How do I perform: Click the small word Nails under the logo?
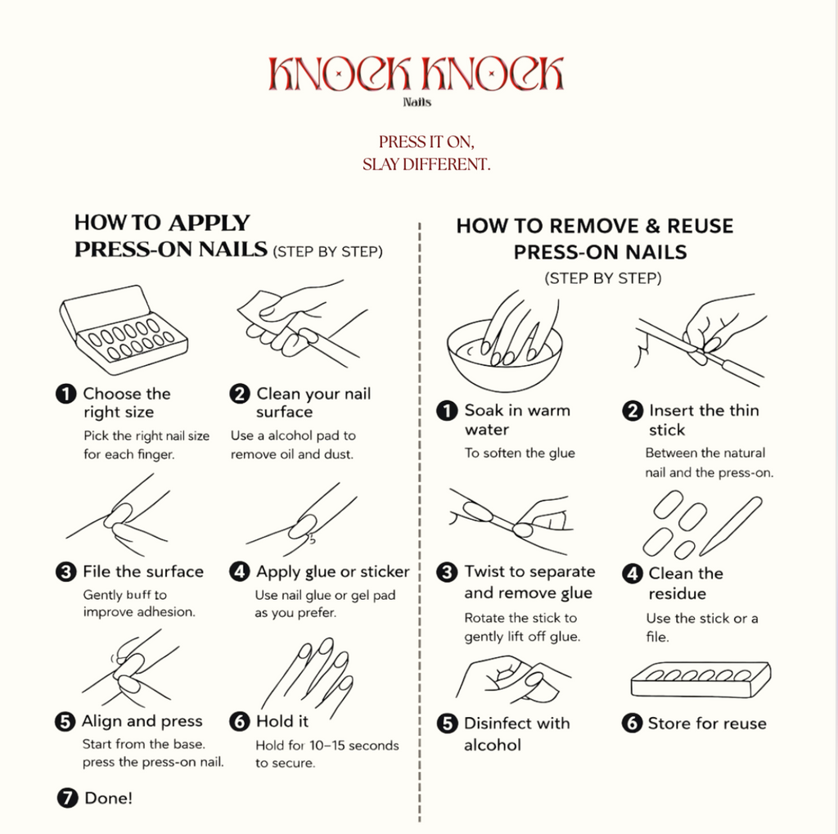pyautogui.click(x=417, y=102)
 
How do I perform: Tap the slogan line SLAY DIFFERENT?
pyautogui.click(x=426, y=165)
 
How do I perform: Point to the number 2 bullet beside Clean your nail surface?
pyautogui.click(x=240, y=394)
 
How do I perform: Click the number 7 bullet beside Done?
pyautogui.click(x=67, y=798)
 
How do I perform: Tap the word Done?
pyautogui.click(x=109, y=798)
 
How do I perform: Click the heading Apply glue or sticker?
pyautogui.click(x=332, y=571)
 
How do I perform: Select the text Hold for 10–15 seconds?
pyautogui.click(x=327, y=746)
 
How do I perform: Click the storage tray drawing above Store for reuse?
pyautogui.click(x=701, y=679)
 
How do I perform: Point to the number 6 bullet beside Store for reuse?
pyautogui.click(x=632, y=724)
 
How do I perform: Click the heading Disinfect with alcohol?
pyautogui.click(x=517, y=733)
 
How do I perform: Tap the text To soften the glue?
pyautogui.click(x=520, y=453)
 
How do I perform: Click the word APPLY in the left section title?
pyautogui.click(x=209, y=223)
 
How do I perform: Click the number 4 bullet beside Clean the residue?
pyautogui.click(x=633, y=574)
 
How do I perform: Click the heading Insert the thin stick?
pyautogui.click(x=704, y=420)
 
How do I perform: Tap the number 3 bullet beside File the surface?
pyautogui.click(x=65, y=571)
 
